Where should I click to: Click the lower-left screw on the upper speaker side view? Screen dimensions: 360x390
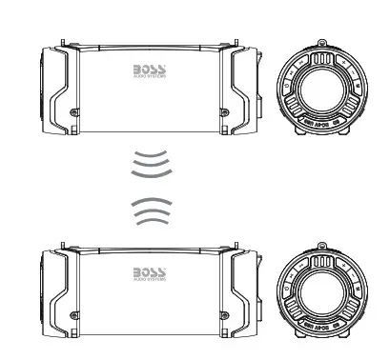[x=74, y=114]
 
